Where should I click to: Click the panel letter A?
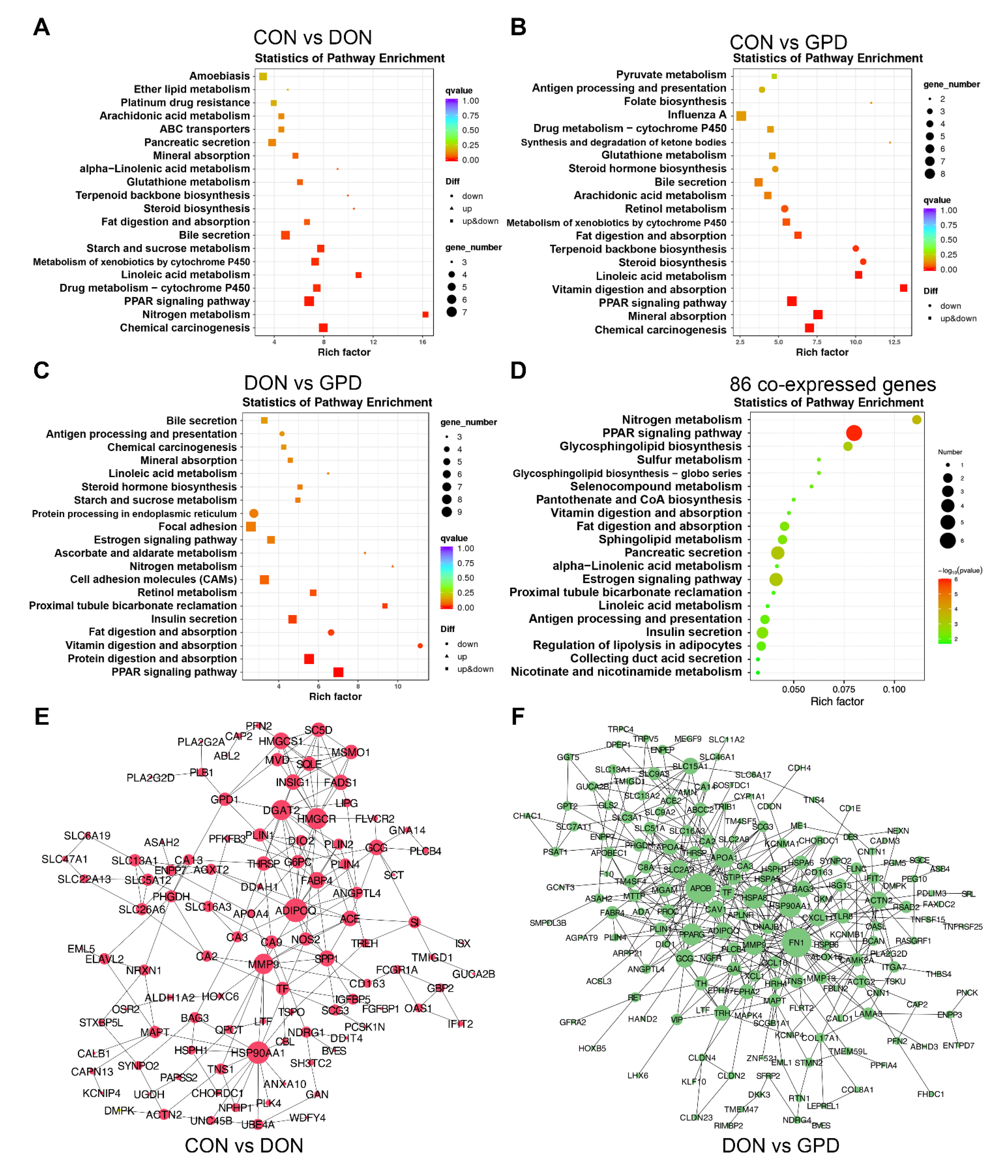coord(42,27)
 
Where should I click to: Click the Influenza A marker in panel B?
coord(741,116)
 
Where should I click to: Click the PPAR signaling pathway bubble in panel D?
coord(853,433)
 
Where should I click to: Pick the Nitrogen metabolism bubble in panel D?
coord(916,419)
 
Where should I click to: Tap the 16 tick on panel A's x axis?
coord(423,342)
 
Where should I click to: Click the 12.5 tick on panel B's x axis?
coord(894,342)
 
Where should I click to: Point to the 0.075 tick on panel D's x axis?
coord(843,689)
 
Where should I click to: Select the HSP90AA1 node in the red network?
coord(258,1053)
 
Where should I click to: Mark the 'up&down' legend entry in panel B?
coord(958,318)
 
